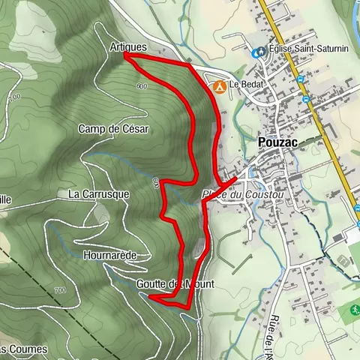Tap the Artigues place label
(x=127, y=46)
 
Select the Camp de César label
(x=114, y=129)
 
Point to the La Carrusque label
(x=99, y=193)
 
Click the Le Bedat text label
(x=246, y=85)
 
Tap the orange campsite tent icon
(x=220, y=86)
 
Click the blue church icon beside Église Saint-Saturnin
(x=259, y=52)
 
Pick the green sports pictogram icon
(x=349, y=309)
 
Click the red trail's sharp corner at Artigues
(x=124, y=55)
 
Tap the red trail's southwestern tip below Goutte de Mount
(x=151, y=297)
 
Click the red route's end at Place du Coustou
(x=238, y=177)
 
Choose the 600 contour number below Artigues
(x=142, y=86)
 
